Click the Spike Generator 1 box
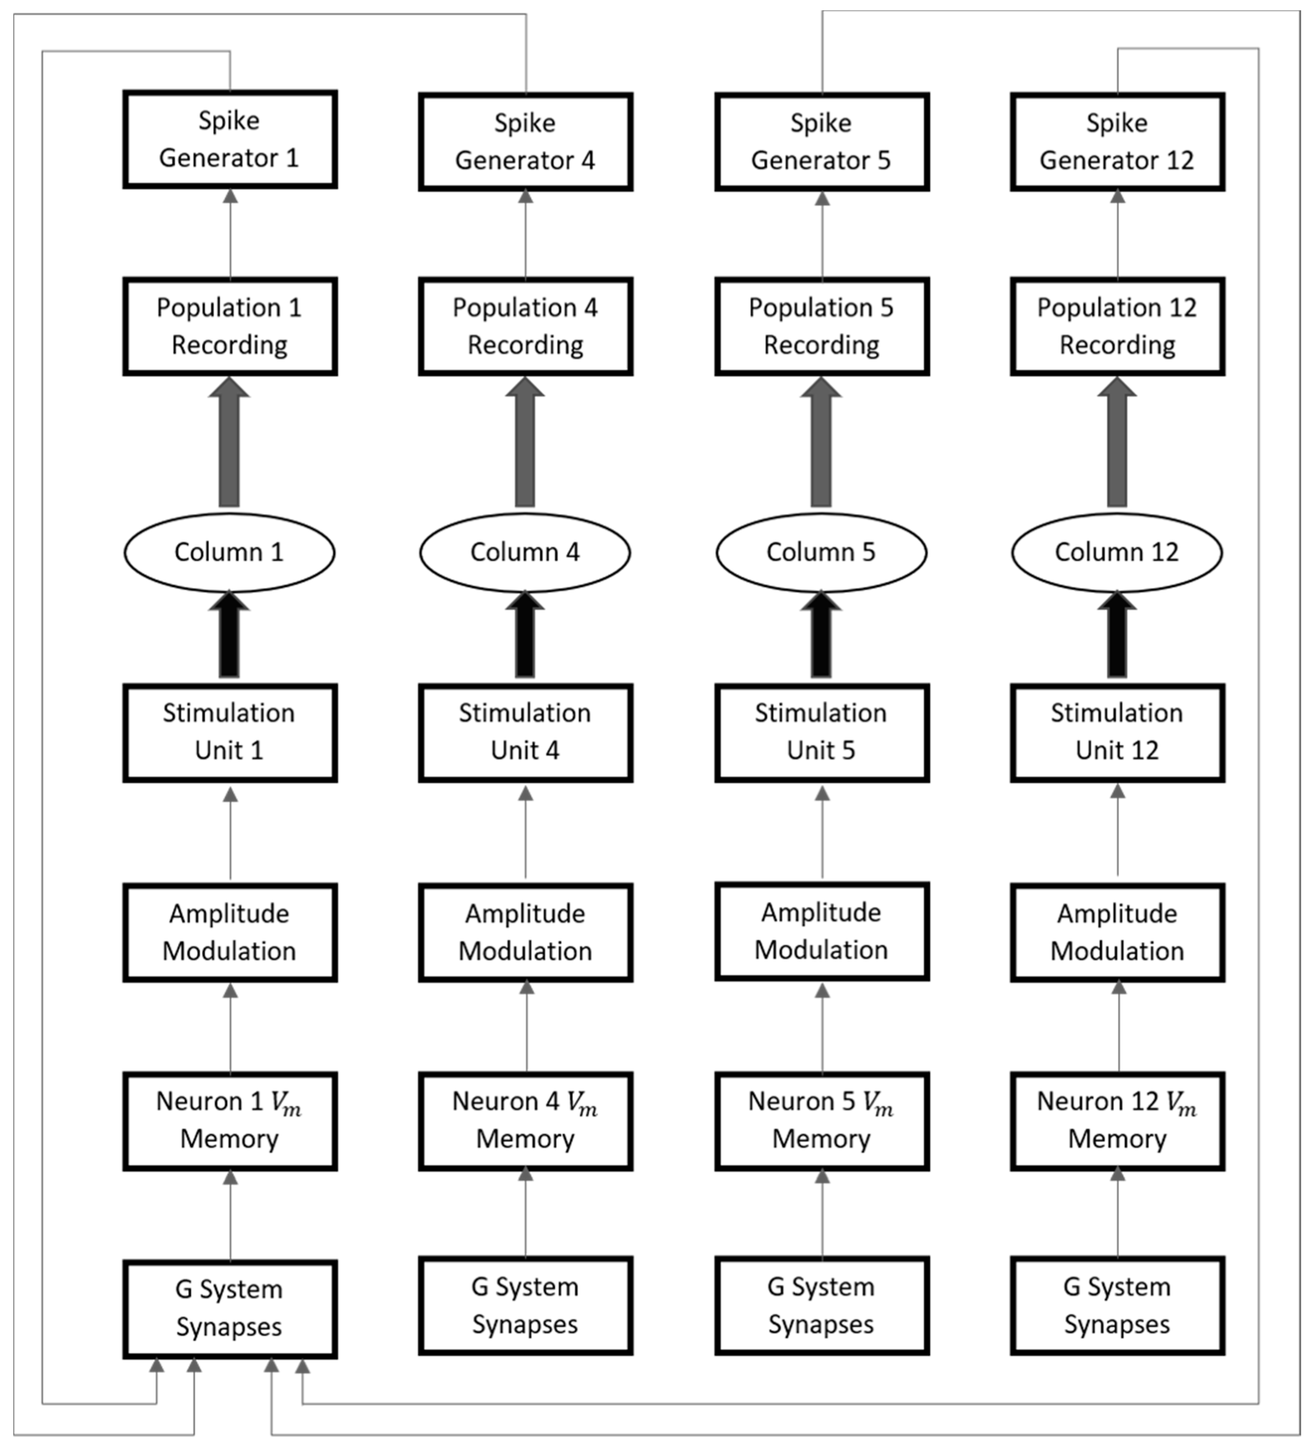click(x=230, y=139)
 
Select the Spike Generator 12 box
click(x=1117, y=142)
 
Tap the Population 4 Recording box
click(x=526, y=326)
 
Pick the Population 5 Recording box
click(x=822, y=326)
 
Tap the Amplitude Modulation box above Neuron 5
click(x=822, y=931)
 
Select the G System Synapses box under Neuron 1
click(x=230, y=1309)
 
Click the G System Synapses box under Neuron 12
click(x=1117, y=1306)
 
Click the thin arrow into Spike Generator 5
click(x=822, y=234)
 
